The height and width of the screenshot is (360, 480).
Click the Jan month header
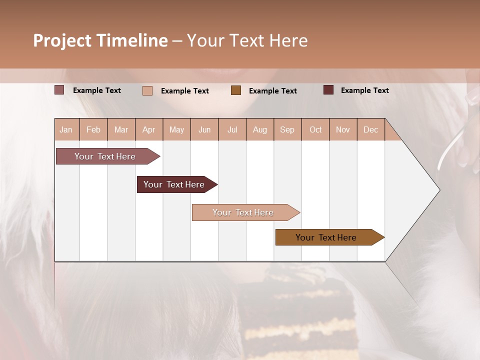(x=66, y=129)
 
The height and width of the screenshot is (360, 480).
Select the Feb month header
(x=93, y=129)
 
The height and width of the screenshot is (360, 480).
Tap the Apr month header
(x=149, y=129)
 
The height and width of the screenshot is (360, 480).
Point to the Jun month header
(x=204, y=129)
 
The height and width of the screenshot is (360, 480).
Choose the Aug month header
(x=260, y=129)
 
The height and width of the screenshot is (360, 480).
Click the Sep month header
(x=287, y=129)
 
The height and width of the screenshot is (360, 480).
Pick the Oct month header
(x=315, y=129)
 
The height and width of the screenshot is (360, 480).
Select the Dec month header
(x=371, y=129)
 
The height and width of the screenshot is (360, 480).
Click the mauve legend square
(x=59, y=90)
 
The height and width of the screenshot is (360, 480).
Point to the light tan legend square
(x=147, y=90)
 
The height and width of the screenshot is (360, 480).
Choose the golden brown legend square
(x=236, y=90)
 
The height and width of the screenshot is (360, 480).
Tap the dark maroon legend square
(x=328, y=90)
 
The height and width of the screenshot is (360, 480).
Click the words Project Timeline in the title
(x=100, y=40)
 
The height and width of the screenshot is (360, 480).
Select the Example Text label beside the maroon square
(x=364, y=90)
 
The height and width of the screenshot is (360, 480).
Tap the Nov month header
(x=343, y=129)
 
